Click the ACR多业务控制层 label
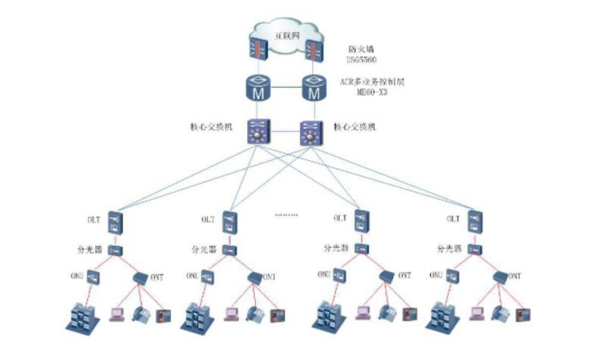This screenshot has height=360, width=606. [372, 81]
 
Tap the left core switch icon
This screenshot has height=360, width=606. [260, 134]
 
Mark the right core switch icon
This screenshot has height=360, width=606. [311, 134]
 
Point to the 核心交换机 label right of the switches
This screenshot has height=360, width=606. [355, 127]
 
